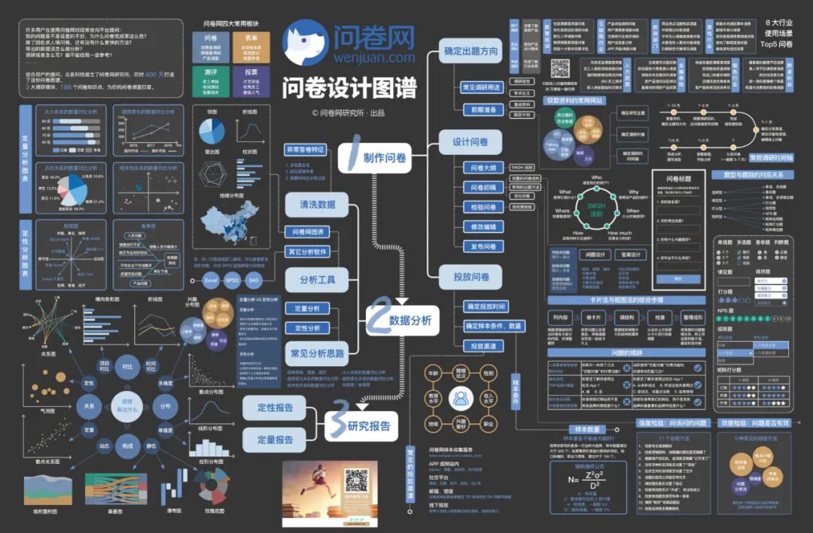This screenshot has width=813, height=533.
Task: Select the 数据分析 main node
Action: [x=402, y=320]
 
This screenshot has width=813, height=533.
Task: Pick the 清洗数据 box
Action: [x=317, y=204]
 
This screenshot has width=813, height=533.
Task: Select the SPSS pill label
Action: [x=233, y=280]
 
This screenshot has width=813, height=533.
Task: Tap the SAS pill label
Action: [x=254, y=280]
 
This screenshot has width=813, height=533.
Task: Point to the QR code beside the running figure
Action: [x=356, y=481]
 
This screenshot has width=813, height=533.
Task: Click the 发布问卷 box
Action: [x=483, y=246]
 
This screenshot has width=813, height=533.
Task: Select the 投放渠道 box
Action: [x=483, y=346]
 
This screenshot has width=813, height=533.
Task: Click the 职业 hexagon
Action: [x=489, y=425]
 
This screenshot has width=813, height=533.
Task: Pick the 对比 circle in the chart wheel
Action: [x=127, y=367]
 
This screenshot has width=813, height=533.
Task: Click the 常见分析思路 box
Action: [x=317, y=352]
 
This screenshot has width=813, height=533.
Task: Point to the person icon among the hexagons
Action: [x=461, y=399]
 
